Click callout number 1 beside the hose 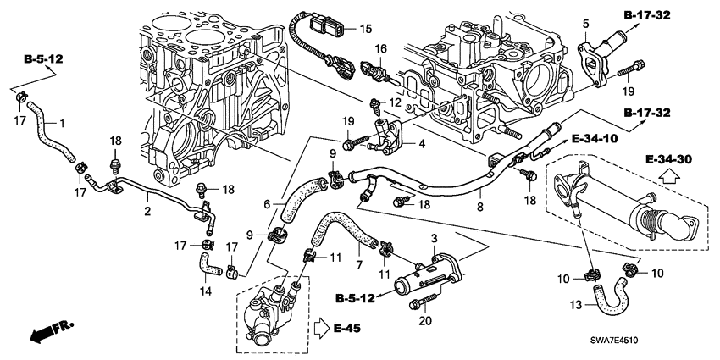60,124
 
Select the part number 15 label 365,29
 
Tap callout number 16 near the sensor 380,50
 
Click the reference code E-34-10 595,138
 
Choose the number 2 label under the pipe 147,211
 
